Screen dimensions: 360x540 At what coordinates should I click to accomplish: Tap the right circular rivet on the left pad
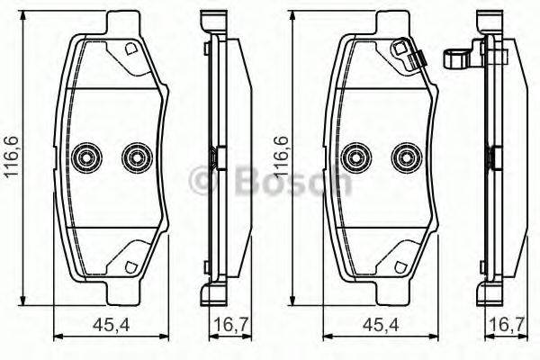137,157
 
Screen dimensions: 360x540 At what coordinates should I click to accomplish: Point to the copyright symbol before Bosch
204,181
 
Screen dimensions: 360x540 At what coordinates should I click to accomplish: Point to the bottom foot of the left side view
213,295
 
